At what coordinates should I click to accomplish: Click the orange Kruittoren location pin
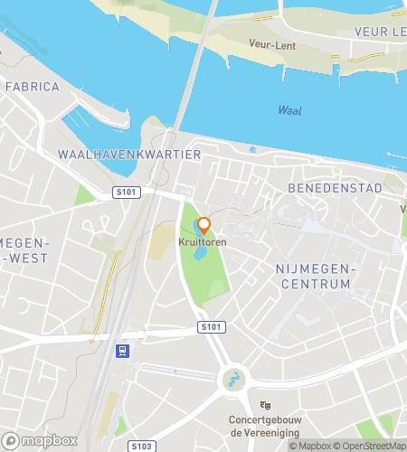pos(203,225)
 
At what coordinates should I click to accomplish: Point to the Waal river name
pos(289,110)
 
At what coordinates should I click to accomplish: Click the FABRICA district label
pos(32,88)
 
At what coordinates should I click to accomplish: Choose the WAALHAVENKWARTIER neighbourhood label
pos(128,155)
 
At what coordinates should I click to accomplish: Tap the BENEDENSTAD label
pos(324,187)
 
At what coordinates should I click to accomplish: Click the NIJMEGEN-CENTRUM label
pos(313,277)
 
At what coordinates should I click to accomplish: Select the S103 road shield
pos(140,447)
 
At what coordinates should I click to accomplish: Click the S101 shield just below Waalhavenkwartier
pos(126,192)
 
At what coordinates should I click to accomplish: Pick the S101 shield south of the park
pos(209,325)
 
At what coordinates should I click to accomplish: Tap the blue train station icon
pos(122,351)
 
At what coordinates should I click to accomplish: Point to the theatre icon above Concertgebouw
pos(265,406)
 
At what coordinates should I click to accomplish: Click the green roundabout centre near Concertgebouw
pos(233,380)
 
